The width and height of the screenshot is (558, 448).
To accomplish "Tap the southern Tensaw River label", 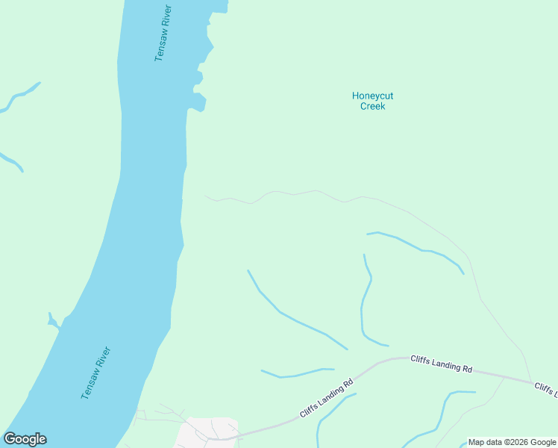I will point(96,373).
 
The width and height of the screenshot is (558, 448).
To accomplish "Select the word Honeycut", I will point(372,96).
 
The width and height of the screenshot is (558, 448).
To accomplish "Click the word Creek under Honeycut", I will point(372,106).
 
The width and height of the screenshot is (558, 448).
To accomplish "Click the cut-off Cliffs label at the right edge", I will point(546,389).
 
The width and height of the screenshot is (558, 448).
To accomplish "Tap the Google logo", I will point(25,439).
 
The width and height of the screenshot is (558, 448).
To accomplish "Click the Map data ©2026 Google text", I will point(512,442).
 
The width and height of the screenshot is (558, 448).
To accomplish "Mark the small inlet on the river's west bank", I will point(53,322).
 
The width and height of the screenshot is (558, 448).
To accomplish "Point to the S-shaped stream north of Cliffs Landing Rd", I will point(365,302).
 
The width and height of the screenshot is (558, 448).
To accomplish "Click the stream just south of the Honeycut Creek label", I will point(418,248).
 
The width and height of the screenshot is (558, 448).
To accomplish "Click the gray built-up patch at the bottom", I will point(209,433).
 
